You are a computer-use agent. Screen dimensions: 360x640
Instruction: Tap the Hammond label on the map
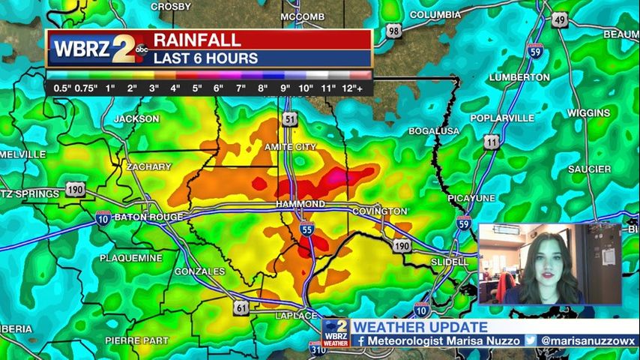tap(300, 204)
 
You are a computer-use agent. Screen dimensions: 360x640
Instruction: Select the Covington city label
tap(380, 211)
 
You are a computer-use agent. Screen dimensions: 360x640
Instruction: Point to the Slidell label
tap(449, 262)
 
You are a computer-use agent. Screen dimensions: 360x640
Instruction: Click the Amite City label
tap(290, 147)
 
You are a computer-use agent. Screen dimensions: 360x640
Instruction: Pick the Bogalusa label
tap(434, 130)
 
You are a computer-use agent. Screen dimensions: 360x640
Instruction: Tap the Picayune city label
tap(471, 197)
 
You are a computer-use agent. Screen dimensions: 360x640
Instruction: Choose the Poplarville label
tap(502, 118)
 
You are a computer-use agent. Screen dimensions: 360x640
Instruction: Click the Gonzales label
tap(199, 271)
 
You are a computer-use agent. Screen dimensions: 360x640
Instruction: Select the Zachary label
tap(149, 166)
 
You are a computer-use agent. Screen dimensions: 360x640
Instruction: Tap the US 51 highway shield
tap(290, 118)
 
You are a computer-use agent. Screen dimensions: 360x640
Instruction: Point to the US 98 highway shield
tap(394, 31)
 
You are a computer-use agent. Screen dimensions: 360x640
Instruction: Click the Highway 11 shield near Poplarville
tap(492, 141)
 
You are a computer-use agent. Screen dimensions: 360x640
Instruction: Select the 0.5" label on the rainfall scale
tap(62, 88)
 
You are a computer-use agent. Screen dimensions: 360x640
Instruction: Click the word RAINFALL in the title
tap(198, 40)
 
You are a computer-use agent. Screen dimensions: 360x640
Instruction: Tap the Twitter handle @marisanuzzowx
tap(591, 340)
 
